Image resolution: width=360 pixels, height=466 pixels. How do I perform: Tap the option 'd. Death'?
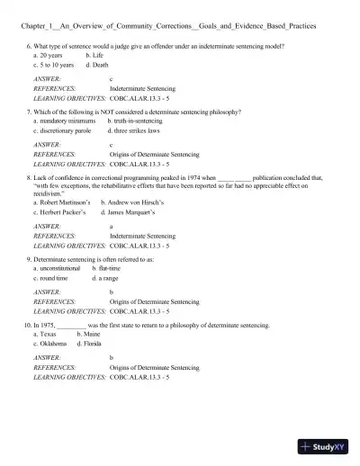pyautogui.click(x=97, y=65)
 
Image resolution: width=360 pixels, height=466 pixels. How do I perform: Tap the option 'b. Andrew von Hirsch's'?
pyautogui.click(x=133, y=202)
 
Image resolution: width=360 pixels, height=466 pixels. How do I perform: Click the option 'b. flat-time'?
pyautogui.click(x=109, y=268)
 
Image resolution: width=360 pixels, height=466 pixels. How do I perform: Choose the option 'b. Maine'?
pyautogui.click(x=88, y=333)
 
